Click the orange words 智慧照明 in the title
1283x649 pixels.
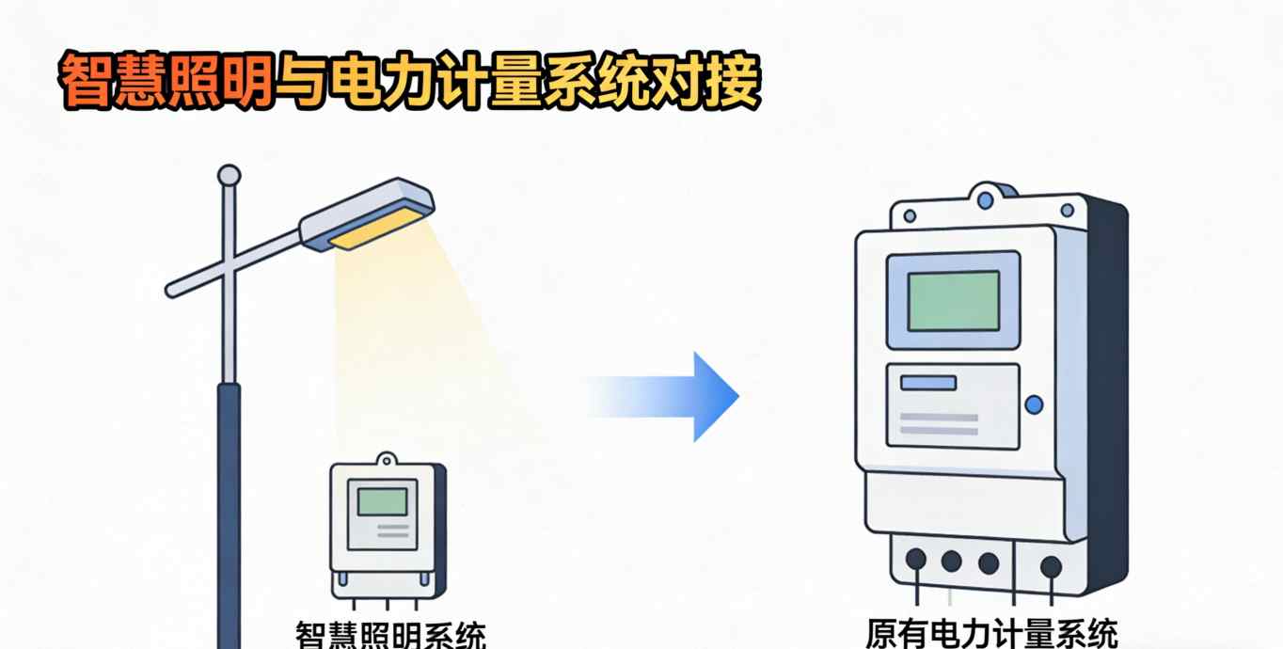click(166, 82)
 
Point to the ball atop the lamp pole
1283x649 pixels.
click(229, 175)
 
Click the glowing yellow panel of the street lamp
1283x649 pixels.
click(377, 229)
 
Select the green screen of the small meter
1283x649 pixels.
click(382, 501)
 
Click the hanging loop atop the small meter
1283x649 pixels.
click(386, 460)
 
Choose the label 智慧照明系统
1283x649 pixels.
click(390, 636)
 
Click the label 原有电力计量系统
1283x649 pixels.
click(991, 633)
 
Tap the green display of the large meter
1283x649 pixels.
click(954, 300)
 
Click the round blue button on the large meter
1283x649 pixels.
click(1034, 404)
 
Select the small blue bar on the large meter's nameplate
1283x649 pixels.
click(928, 383)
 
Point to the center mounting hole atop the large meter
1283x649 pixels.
click(985, 200)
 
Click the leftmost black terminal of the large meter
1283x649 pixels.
click(915, 561)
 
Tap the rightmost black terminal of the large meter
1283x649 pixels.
click(1051, 565)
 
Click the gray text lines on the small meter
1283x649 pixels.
click(392, 531)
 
